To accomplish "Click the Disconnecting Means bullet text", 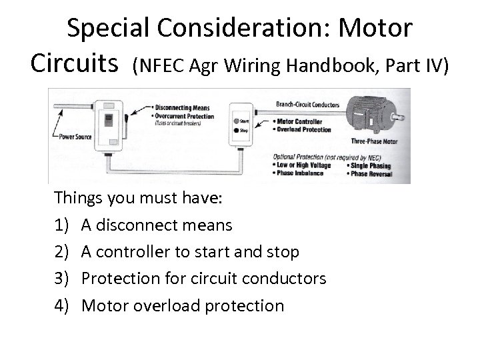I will pos(183,107).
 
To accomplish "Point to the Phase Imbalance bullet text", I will pos(300,172).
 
